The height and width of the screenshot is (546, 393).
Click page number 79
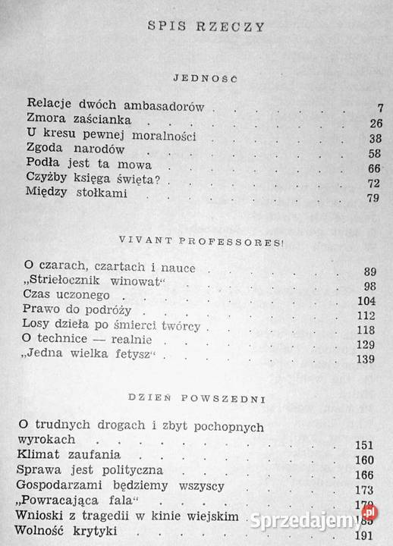(x=351, y=199)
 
